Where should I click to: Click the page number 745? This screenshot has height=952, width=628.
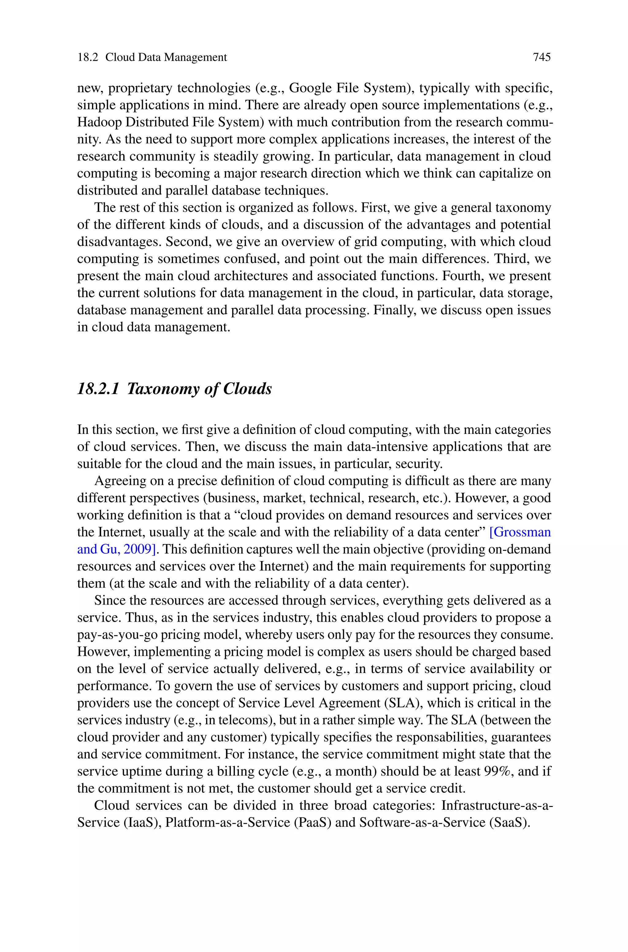(542, 57)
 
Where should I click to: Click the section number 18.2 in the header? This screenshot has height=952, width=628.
(88, 57)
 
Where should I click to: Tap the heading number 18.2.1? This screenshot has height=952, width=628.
(98, 389)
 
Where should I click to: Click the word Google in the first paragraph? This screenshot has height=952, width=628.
(309, 88)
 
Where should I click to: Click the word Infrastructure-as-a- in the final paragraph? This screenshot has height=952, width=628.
(497, 805)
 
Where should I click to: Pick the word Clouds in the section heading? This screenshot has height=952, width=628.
(247, 389)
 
